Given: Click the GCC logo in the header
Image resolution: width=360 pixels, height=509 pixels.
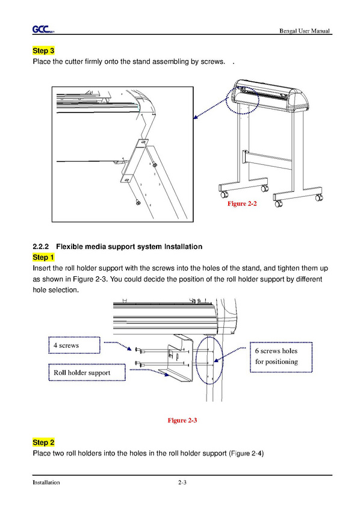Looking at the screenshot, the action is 42,29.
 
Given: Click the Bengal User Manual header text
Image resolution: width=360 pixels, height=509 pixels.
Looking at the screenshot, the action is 305,31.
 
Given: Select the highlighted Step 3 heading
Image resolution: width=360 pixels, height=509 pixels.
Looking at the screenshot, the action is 43,51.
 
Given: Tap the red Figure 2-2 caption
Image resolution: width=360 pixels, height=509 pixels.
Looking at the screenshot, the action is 242,203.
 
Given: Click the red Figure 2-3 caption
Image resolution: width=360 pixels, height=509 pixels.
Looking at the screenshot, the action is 182,421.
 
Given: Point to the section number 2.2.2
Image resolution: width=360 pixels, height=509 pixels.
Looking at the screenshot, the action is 40,247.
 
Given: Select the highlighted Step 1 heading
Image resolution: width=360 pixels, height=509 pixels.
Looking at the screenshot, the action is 43,258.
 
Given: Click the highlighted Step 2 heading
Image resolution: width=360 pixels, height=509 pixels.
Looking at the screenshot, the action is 43,442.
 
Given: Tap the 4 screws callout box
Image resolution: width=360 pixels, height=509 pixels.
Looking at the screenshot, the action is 75,345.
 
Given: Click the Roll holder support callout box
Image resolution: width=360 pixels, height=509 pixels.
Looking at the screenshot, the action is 87,372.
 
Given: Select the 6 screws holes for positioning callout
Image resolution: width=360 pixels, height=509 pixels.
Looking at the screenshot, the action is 281,357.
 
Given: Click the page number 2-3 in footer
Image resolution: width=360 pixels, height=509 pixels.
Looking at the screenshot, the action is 182,483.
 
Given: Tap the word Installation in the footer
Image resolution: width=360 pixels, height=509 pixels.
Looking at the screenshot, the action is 46,483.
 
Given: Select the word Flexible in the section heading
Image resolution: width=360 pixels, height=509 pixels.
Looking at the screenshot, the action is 69,247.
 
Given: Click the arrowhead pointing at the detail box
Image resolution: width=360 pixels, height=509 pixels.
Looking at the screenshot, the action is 195,117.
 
